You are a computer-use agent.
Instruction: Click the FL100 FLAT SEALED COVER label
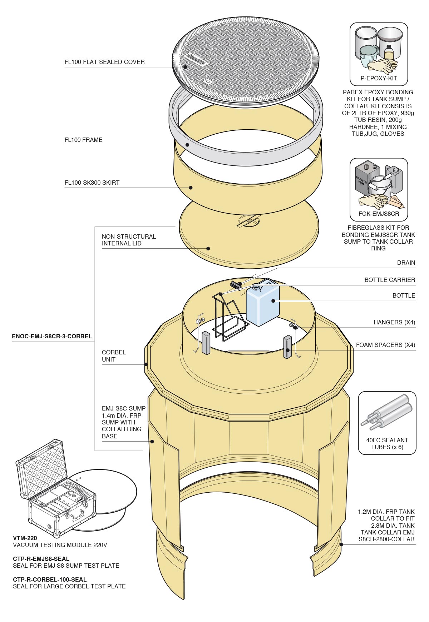point(104,62)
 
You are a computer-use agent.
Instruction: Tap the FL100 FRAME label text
point(83,140)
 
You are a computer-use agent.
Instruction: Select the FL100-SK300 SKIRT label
point(92,183)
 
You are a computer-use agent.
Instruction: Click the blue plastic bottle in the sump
point(262,304)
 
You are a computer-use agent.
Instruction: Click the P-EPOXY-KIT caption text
point(379,79)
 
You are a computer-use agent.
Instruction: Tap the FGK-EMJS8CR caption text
point(379,214)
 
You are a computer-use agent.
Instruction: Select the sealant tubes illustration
point(387,414)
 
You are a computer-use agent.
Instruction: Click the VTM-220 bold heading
point(25,538)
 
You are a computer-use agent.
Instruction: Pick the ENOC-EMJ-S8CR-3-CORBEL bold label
point(52,337)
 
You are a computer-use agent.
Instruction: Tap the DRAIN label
point(406,263)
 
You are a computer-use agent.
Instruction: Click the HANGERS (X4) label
point(394,323)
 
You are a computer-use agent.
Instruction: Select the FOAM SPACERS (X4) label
point(385,345)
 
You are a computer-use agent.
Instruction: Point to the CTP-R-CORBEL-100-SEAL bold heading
point(50,579)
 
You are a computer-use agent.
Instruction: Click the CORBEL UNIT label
point(114,356)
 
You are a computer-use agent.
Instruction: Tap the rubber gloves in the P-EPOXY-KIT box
point(383,66)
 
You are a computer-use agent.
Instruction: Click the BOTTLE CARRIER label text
point(390,280)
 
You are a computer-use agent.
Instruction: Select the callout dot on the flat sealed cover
point(185,67)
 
